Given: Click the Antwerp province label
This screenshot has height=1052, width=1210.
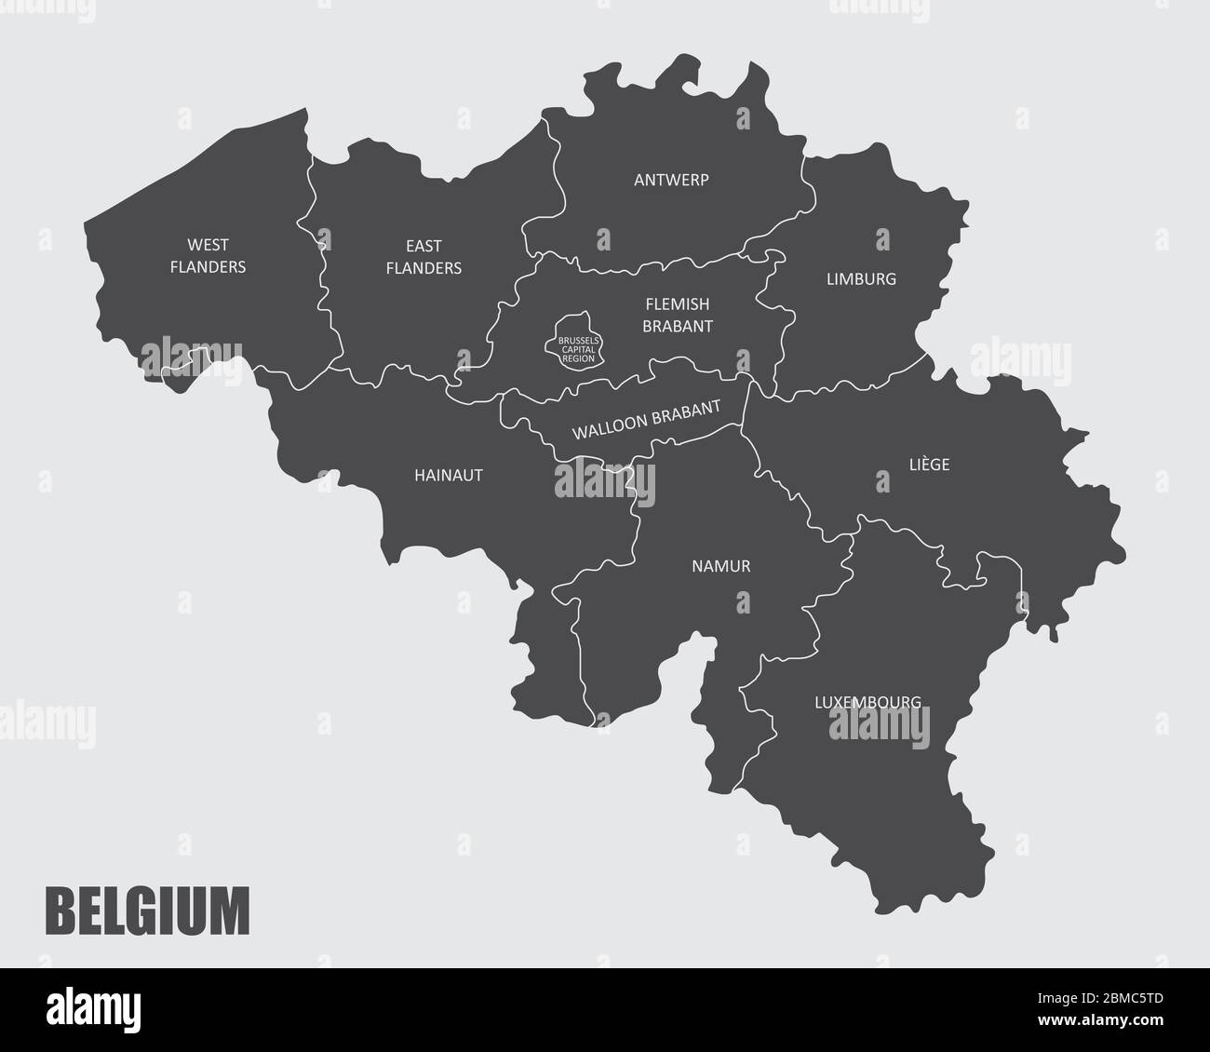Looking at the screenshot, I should [x=671, y=180].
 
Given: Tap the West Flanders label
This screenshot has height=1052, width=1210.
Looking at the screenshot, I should [x=208, y=256].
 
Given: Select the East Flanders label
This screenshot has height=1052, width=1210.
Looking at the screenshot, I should [x=423, y=257].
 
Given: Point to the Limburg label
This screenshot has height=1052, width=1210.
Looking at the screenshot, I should [x=861, y=278].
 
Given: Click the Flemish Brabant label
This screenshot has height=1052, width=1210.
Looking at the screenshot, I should [x=679, y=315].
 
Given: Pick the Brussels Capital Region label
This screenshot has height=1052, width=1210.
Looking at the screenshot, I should [x=578, y=349].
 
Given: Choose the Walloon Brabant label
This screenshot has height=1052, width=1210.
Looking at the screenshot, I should [x=647, y=420].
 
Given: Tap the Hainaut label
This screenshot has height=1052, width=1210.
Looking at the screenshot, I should [x=449, y=475].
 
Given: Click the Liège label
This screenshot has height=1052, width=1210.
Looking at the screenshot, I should [x=929, y=465].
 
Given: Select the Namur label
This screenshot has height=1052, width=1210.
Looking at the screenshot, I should [x=720, y=566].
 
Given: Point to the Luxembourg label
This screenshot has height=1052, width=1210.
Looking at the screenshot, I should [x=867, y=702].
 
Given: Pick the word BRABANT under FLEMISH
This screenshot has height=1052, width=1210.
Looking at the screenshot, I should [x=679, y=326].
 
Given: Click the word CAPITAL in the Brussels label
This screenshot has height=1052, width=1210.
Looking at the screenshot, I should [x=578, y=349].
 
